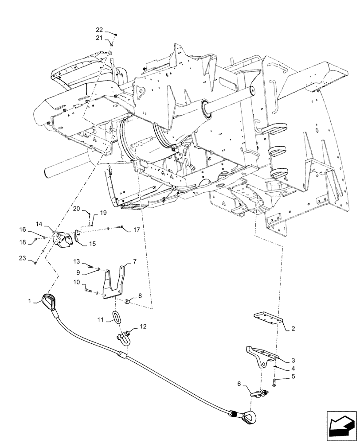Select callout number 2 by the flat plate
pyautogui.click(x=293, y=330)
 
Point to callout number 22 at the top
pyautogui.click(x=99, y=30)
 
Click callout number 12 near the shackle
pyautogui.click(x=142, y=326)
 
